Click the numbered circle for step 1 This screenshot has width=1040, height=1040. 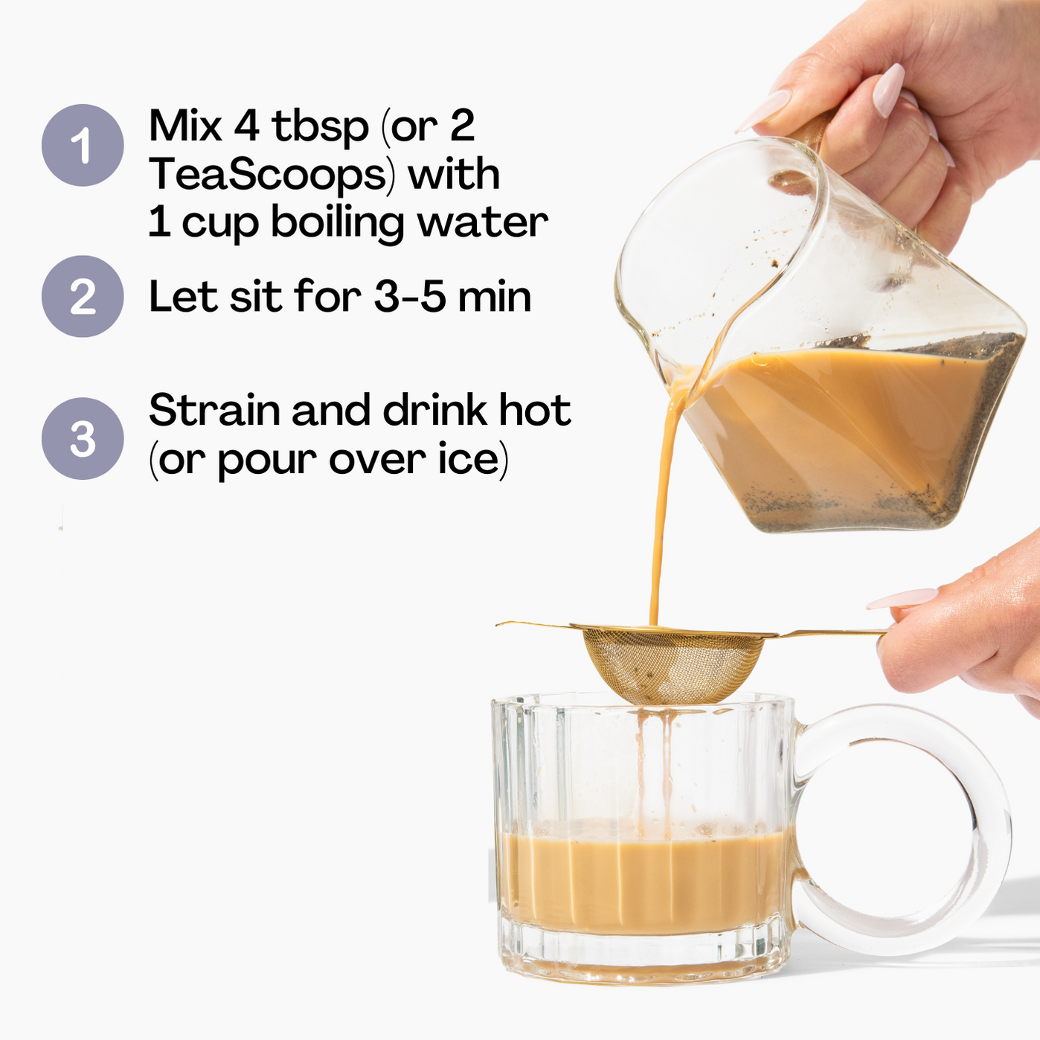point(83,145)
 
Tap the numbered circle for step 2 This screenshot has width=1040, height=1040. point(83,296)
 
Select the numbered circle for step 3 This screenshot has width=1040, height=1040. point(83,438)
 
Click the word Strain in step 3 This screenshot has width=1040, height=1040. point(214,410)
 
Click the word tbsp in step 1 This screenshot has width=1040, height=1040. point(320,127)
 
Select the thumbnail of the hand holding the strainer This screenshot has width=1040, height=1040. point(902,598)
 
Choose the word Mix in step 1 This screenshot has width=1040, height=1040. point(185,126)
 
